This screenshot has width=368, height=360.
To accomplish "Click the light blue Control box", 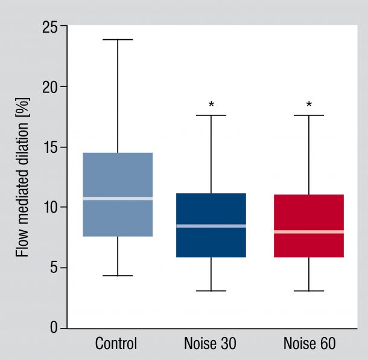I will click(117, 175).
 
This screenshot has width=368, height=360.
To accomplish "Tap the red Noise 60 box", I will click(309, 211).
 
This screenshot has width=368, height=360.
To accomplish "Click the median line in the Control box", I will click(117, 198).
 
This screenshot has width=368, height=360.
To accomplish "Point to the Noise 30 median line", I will click(211, 226).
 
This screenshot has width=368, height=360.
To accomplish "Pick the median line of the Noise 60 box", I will click(309, 231).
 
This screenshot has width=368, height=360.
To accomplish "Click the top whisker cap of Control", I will click(117, 39).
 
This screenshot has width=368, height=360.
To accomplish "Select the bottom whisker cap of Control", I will click(117, 275).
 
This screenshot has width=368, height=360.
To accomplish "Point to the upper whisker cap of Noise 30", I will click(211, 115).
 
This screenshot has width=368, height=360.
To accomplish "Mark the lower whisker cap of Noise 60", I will click(309, 291).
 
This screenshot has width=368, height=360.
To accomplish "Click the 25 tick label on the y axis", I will click(50, 27).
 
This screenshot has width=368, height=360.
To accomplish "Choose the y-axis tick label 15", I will click(50, 147).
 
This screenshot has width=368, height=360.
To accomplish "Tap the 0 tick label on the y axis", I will click(54, 328).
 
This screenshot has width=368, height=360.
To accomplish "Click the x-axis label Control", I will click(116, 344).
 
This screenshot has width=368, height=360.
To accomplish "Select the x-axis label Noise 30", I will click(211, 344).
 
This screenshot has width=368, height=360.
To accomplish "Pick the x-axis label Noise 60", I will click(309, 344).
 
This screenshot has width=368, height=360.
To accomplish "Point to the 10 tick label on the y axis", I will click(50, 207).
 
